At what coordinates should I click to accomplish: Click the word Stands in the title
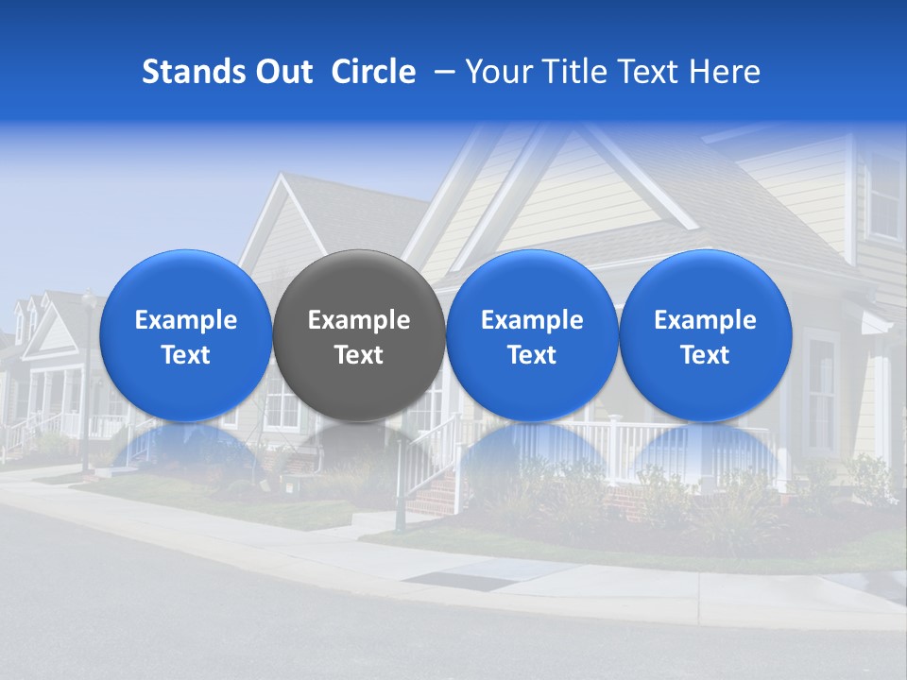[194, 72]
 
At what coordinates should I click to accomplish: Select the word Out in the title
[284, 72]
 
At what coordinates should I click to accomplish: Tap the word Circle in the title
[373, 72]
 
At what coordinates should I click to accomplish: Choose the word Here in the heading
[725, 72]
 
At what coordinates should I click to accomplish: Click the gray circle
[359, 336]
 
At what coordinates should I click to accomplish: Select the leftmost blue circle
[185, 336]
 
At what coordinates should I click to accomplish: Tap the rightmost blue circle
[706, 336]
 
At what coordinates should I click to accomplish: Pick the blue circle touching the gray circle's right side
[532, 336]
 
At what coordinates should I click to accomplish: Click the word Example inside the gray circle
[359, 320]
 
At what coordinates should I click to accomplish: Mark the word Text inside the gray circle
[359, 355]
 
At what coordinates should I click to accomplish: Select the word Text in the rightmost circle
[706, 355]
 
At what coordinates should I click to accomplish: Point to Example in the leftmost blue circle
[185, 320]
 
